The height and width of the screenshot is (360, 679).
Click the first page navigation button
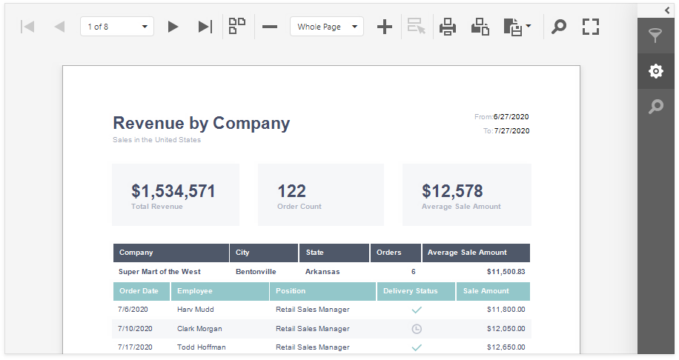click(x=27, y=27)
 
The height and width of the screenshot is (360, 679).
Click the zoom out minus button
click(x=270, y=27)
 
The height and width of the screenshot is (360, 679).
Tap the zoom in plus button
click(x=384, y=27)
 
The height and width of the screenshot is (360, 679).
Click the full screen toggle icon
click(x=590, y=27)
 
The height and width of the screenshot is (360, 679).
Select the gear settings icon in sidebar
click(x=655, y=71)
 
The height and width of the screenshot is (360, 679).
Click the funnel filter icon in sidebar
click(x=655, y=36)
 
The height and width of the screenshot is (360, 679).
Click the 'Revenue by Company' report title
click(x=201, y=123)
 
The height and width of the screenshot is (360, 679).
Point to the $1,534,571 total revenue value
click(x=173, y=191)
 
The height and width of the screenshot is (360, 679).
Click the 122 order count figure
click(x=291, y=191)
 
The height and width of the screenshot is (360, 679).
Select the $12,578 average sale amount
click(x=452, y=191)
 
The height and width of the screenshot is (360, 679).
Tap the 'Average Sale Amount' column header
click(x=467, y=253)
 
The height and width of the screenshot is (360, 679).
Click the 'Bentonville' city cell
click(x=256, y=272)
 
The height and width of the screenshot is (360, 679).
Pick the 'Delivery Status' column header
click(x=410, y=291)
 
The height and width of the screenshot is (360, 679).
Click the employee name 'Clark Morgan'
click(x=199, y=329)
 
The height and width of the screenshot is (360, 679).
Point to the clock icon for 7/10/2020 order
click(x=417, y=329)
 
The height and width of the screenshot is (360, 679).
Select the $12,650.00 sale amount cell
click(x=506, y=347)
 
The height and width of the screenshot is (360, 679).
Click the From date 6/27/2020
click(x=511, y=117)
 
